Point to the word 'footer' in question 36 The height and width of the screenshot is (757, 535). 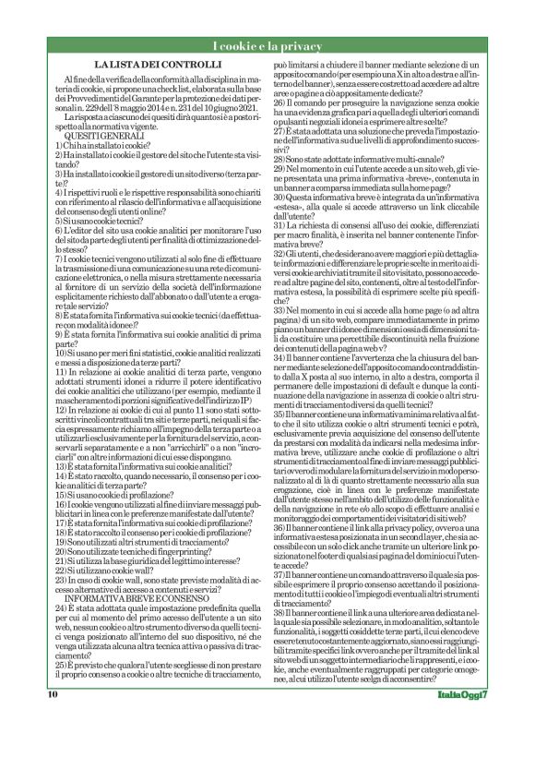point(373,567)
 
